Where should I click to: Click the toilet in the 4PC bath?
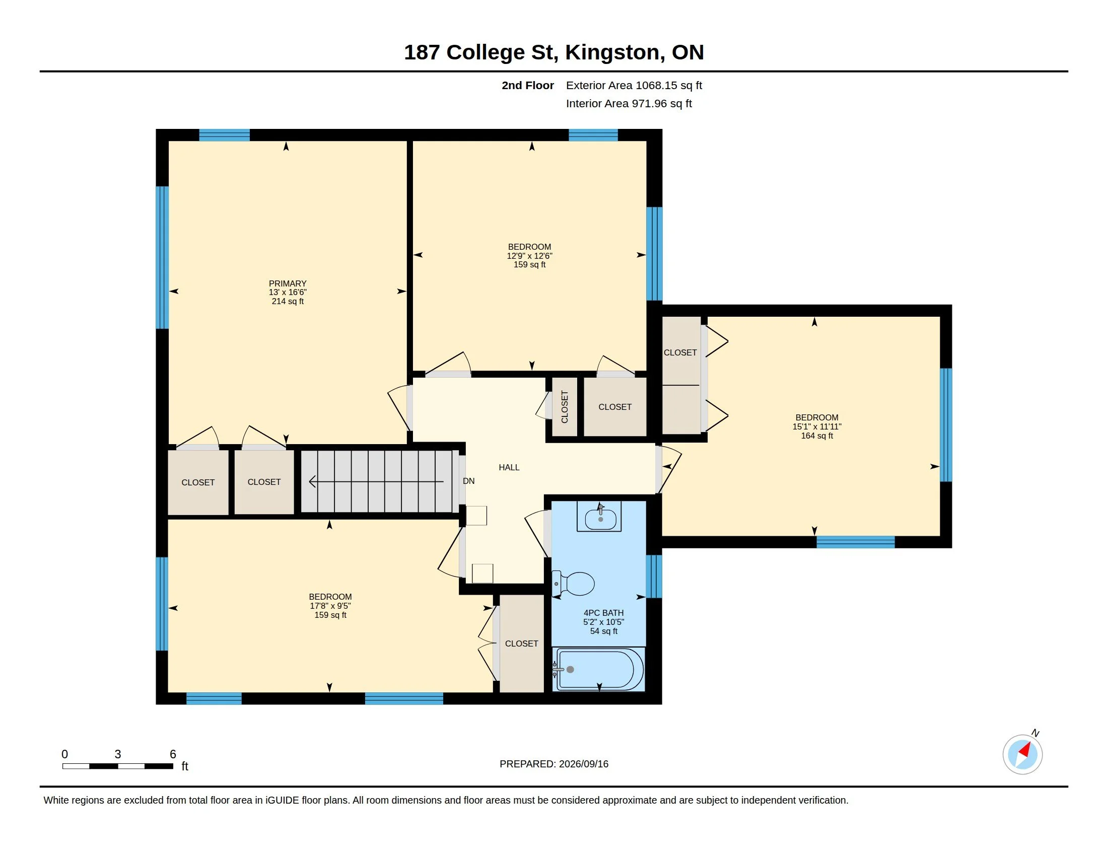pyautogui.click(x=573, y=584)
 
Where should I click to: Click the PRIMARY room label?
pyautogui.click(x=288, y=283)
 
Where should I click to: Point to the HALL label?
pyautogui.click(x=509, y=468)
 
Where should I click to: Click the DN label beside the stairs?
pyautogui.click(x=469, y=481)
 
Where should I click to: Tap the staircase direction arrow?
pyautogui.click(x=376, y=481)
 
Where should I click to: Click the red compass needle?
pyautogui.click(x=1025, y=750)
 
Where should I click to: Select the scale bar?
pyautogui.click(x=118, y=766)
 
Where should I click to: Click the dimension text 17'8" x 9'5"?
pyautogui.click(x=330, y=606)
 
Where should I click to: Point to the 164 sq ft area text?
pyautogui.click(x=817, y=436)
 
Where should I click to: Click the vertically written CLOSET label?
pyautogui.click(x=565, y=407)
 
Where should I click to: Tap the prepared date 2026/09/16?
pyautogui.click(x=583, y=764)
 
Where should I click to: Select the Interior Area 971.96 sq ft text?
pyautogui.click(x=629, y=103)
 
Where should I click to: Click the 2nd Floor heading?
pyautogui.click(x=528, y=85)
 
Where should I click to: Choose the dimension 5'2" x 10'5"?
pyautogui.click(x=604, y=622)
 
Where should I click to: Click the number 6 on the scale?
pyautogui.click(x=173, y=754)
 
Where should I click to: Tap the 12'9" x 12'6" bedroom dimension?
pyautogui.click(x=530, y=256)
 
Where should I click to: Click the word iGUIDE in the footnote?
pyautogui.click(x=282, y=801)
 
